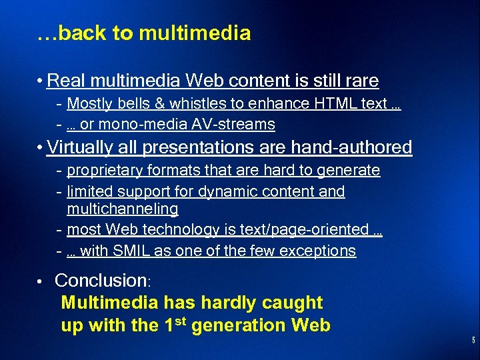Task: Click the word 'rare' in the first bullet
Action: coord(361,81)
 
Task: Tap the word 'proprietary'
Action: coord(100,171)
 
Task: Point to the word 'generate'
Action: coord(349,171)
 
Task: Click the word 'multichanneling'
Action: coord(123,209)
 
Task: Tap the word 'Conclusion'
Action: coord(100,281)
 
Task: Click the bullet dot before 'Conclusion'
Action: coord(41,281)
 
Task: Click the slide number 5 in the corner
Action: coord(472,341)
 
